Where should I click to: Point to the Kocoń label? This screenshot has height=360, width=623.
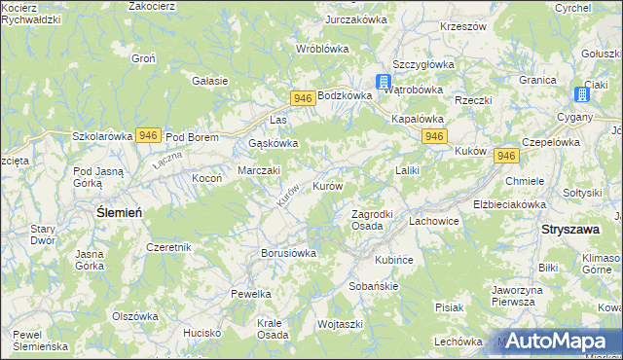pyautogui.click(x=207, y=179)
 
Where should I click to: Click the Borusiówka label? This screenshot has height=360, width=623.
pyautogui.click(x=289, y=253)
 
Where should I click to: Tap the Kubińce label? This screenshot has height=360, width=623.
pyautogui.click(x=395, y=261)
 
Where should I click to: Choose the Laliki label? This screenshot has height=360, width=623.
pyautogui.click(x=407, y=171)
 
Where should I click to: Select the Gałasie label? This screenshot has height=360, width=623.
pyautogui.click(x=210, y=81)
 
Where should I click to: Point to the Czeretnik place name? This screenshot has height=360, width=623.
pyautogui.click(x=169, y=247)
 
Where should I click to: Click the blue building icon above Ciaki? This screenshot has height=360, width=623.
pyautogui.click(x=583, y=94)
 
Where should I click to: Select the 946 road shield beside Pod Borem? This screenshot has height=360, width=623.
pyautogui.click(x=149, y=135)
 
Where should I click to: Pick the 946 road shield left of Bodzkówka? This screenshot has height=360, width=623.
pyautogui.click(x=302, y=97)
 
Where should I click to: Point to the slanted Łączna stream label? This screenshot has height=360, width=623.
pyautogui.click(x=167, y=161)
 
